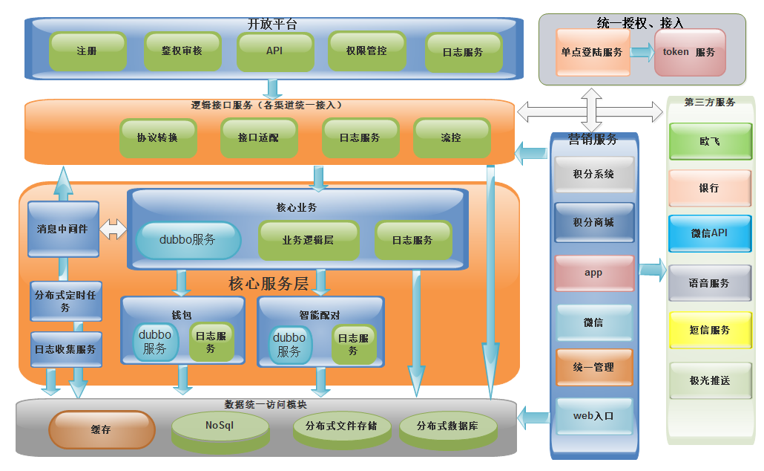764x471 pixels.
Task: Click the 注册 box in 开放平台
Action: point(86,51)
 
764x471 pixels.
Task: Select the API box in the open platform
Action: point(274,51)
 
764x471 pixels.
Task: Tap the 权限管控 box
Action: point(366,51)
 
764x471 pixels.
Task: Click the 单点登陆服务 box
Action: point(592,52)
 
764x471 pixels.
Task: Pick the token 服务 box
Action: point(689,52)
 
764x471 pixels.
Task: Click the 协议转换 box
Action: point(157,137)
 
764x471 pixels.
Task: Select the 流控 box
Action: point(451,137)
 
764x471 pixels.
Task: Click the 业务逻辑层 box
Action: point(308,240)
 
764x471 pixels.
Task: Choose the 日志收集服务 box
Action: point(65,348)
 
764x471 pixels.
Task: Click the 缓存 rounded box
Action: point(102,429)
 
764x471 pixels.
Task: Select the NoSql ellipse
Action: point(220,426)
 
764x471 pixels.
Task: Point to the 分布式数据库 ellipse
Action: point(447,426)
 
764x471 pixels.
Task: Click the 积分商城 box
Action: point(593,223)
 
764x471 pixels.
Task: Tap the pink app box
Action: point(593,273)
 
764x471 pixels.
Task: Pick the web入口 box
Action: point(593,416)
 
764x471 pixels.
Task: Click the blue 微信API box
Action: point(709,233)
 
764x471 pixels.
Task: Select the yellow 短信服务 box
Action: point(709,330)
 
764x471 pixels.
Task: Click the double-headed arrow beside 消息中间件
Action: point(113,229)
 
